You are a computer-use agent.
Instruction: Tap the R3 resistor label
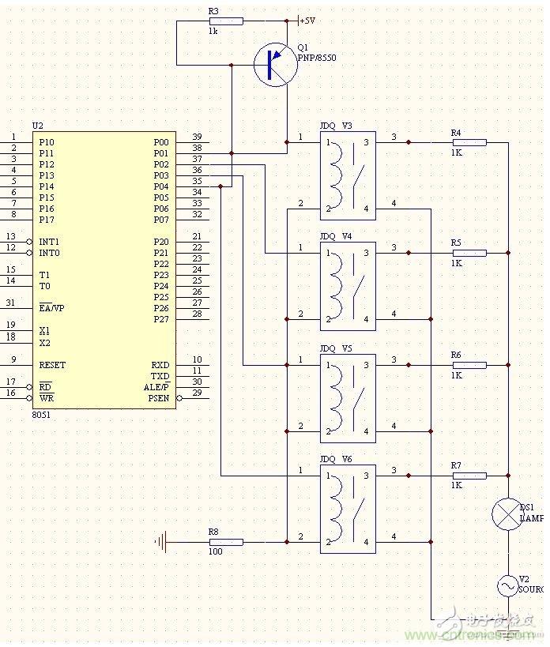(x=213, y=11)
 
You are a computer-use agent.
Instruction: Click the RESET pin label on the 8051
(x=52, y=365)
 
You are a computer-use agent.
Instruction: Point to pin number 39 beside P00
(x=197, y=137)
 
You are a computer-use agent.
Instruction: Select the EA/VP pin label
(x=51, y=308)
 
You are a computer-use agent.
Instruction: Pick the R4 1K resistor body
(x=469, y=142)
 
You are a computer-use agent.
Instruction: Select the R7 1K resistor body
(x=469, y=476)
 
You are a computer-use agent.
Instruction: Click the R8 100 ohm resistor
(x=226, y=542)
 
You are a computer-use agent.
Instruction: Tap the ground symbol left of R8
(x=162, y=542)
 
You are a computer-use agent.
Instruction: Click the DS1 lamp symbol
(x=506, y=514)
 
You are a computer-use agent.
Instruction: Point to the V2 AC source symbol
(x=506, y=585)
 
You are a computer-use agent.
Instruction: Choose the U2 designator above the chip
(x=38, y=126)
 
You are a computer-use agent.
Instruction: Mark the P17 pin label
(x=47, y=220)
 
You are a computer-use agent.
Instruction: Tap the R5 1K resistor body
(x=469, y=253)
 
